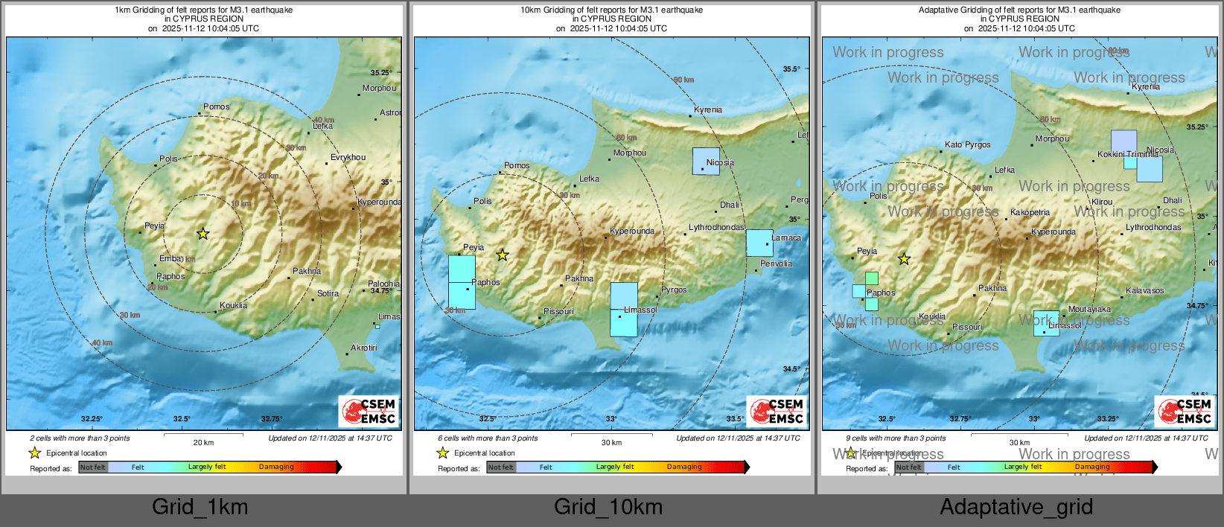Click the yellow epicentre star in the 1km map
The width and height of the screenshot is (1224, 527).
(x=203, y=234)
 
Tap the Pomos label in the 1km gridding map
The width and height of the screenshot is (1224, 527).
(x=216, y=107)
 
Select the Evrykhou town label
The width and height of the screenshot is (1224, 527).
(x=348, y=158)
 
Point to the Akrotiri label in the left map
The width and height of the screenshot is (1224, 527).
(x=363, y=348)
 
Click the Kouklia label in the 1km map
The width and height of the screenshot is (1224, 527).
(x=233, y=306)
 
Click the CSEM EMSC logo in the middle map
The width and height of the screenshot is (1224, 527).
(x=777, y=412)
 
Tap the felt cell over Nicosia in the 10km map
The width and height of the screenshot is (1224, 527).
(x=705, y=161)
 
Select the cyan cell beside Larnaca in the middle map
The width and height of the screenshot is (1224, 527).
(x=759, y=243)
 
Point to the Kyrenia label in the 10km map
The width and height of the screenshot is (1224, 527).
(x=707, y=110)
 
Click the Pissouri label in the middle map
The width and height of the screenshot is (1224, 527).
(x=558, y=312)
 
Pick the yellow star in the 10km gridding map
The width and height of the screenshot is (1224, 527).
(x=503, y=255)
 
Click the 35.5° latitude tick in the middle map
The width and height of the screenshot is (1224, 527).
(x=791, y=69)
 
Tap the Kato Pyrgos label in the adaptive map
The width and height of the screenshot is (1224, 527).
(x=967, y=145)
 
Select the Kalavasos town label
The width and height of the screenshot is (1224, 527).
(x=1144, y=291)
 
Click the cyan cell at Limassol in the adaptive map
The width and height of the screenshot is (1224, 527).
(x=1046, y=324)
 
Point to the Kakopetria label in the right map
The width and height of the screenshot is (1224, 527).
(x=1030, y=213)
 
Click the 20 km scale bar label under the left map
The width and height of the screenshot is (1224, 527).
(x=203, y=443)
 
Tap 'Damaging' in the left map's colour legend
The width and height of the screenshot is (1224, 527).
(x=276, y=467)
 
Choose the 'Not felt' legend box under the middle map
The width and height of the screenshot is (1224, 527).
(x=501, y=467)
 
